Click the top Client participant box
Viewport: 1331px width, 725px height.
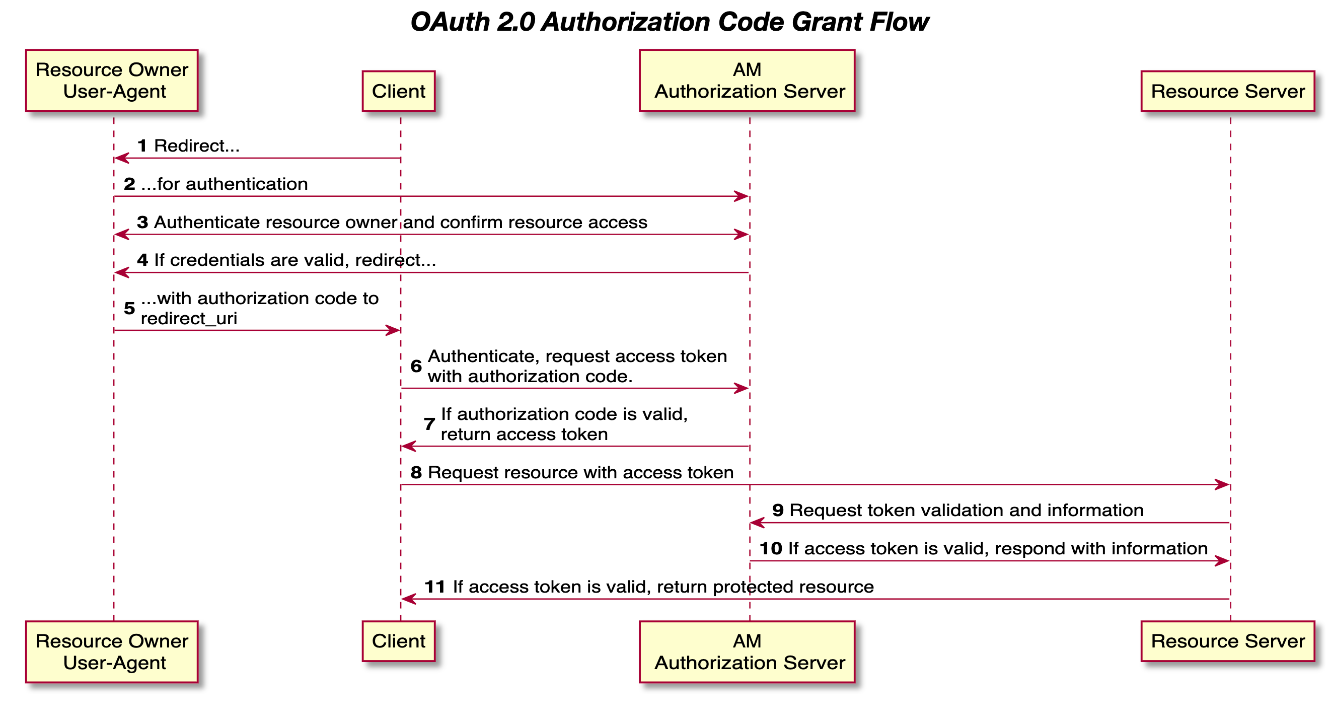[x=398, y=91]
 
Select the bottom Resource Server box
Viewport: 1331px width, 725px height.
[x=1228, y=641]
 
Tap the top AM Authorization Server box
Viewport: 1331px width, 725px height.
[x=747, y=80]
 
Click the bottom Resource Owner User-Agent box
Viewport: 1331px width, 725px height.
[x=112, y=651]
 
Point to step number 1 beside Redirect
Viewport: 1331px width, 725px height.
[x=142, y=146]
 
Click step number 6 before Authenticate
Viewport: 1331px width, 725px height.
[x=416, y=367]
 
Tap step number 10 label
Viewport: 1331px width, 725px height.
[x=770, y=548]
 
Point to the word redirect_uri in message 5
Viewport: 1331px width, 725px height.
[x=189, y=319]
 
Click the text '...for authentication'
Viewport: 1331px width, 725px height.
[x=224, y=184]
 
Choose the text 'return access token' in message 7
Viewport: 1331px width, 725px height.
[x=524, y=434]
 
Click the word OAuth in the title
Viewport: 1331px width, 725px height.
[x=450, y=22]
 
